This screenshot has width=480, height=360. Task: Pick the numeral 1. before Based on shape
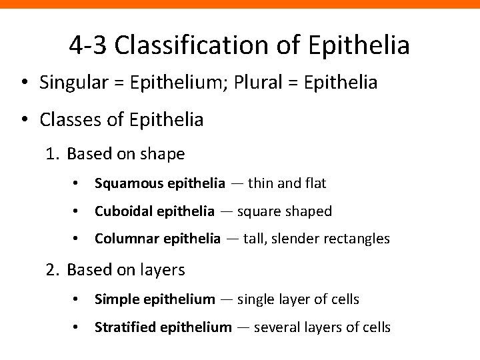(53, 154)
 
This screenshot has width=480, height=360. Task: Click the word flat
(313, 183)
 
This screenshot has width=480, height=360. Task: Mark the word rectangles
(358, 238)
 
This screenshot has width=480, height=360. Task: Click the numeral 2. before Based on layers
(53, 270)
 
